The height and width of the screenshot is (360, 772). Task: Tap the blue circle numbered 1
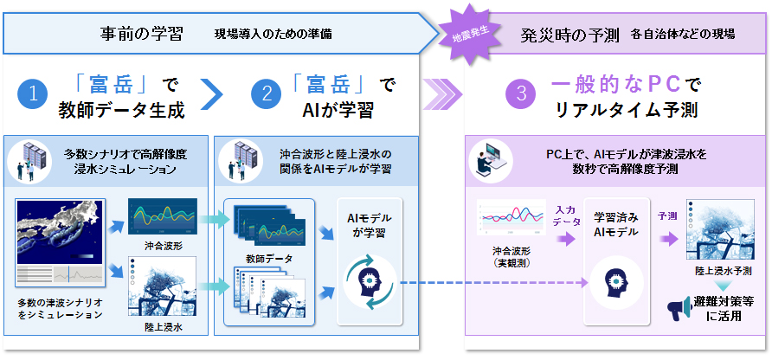tap(32, 95)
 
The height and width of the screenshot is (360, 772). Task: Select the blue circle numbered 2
tap(267, 95)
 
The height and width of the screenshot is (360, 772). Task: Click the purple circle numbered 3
tap(521, 95)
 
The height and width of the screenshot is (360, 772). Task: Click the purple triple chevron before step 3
tap(442, 96)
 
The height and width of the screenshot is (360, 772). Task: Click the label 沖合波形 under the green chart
tap(163, 245)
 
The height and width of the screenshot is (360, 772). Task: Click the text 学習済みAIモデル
tap(616, 223)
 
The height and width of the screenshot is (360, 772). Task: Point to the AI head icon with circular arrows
tap(370, 283)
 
